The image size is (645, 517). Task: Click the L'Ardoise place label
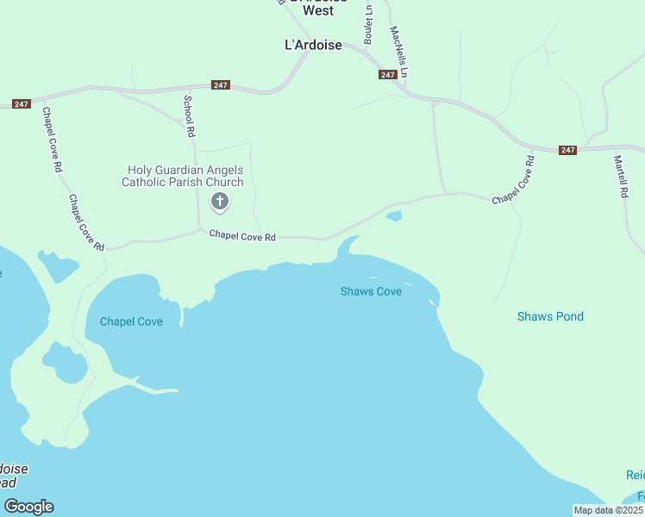tap(314, 45)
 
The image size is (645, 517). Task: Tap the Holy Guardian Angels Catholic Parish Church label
tap(183, 176)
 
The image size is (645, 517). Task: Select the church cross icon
tap(220, 202)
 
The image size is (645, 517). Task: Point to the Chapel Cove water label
tap(131, 321)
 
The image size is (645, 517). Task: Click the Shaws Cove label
tap(371, 291)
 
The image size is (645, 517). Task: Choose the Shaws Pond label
tap(550, 316)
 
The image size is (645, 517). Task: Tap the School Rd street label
tap(189, 116)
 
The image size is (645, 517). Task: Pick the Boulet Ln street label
tap(368, 26)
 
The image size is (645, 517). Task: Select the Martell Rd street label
tap(619, 176)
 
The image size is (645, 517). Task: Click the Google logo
tap(28, 507)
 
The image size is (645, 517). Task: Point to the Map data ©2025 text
tap(609, 510)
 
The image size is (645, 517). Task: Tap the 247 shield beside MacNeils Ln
tap(387, 75)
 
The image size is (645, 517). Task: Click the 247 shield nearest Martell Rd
tap(567, 150)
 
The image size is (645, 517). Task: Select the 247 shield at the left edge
tap(22, 104)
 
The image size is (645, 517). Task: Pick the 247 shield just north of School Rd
tap(220, 85)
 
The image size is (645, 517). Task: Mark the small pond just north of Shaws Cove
tap(393, 216)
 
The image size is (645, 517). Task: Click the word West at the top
tap(318, 11)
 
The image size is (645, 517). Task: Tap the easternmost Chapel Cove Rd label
tap(514, 179)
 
